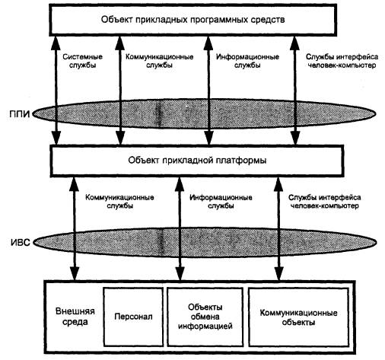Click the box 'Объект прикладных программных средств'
193,20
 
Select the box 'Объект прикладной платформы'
197,161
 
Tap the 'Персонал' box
133,317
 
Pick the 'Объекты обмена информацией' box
205,317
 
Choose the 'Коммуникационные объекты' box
298,317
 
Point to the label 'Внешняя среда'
75,317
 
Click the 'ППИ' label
20,114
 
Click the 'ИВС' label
21,243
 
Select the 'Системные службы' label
83,61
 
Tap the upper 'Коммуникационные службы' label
160,61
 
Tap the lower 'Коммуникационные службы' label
119,202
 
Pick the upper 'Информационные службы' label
247,61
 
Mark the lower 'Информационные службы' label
221,202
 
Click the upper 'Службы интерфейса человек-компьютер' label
342,61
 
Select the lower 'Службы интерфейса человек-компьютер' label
325,202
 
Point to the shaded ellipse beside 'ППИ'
205,114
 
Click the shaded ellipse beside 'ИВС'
205,243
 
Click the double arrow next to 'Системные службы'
56,91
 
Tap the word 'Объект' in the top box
117,20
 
